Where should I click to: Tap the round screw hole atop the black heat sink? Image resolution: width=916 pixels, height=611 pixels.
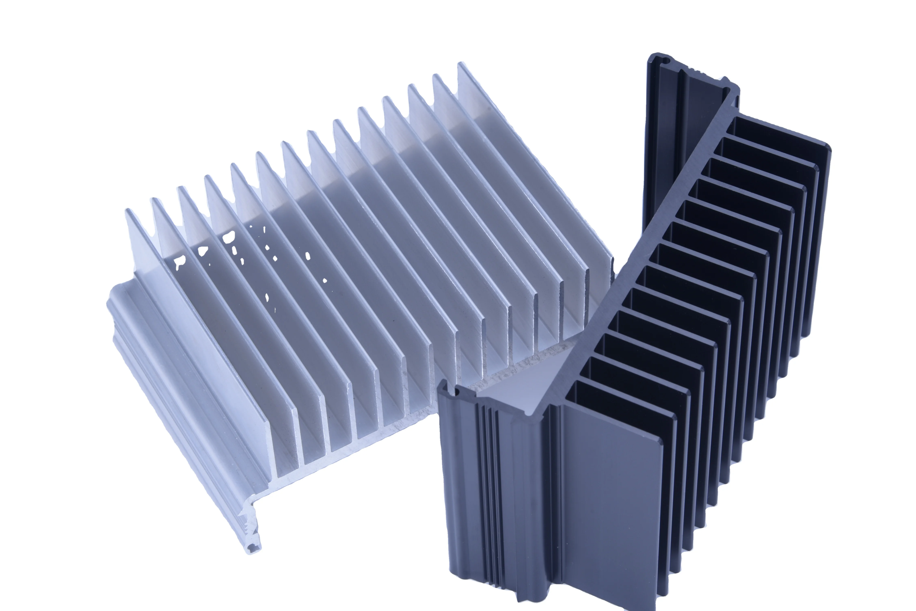665,61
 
